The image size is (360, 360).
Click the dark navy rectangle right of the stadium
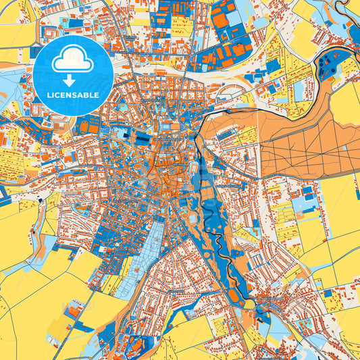[143, 138]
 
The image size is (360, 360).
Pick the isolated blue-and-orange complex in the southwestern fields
[74, 311]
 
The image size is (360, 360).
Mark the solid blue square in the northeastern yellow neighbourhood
[273, 66]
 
